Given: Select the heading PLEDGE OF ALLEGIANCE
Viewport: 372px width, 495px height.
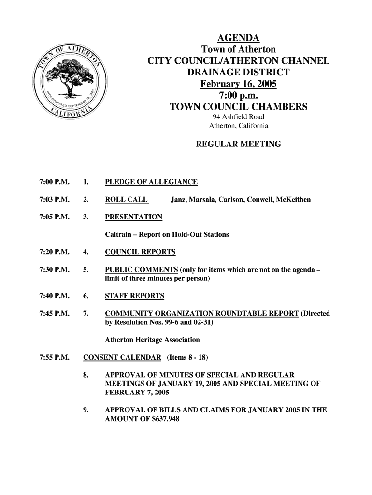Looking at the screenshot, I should [x=151, y=182].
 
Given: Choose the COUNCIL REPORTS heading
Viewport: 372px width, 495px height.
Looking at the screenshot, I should [x=140, y=252].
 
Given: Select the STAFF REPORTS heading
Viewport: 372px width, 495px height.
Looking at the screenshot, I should [x=135, y=296].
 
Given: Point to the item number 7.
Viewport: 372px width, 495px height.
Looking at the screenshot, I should [x=86, y=313].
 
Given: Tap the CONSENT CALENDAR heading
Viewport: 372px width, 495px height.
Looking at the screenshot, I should [x=122, y=358].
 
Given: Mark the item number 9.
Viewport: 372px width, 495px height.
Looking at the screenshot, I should [x=86, y=410].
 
